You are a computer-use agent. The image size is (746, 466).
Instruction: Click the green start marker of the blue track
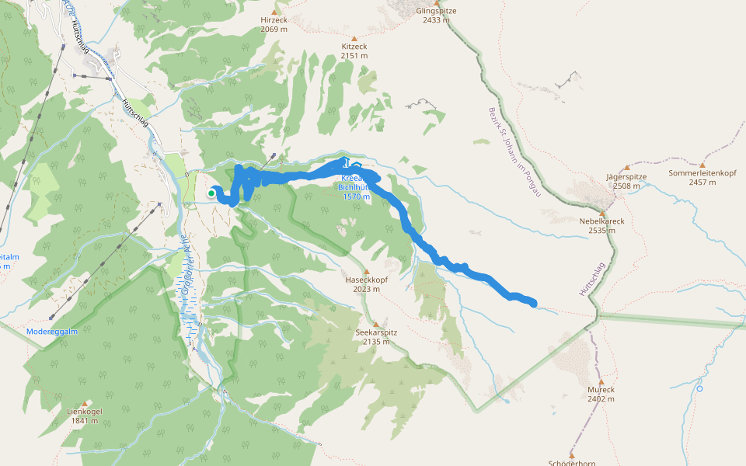tap(211, 193)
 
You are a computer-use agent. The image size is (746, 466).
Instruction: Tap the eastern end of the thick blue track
tap(533, 303)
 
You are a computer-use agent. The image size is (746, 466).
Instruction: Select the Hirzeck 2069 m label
tap(275, 24)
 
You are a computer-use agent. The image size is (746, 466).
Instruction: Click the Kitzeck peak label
tap(354, 51)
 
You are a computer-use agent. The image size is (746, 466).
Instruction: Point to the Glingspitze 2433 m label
tap(436, 16)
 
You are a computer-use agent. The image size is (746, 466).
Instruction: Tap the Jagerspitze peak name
tap(626, 177)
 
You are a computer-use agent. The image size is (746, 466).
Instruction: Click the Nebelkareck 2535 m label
tap(601, 225)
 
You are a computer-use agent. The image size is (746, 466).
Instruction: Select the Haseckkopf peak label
tap(365, 284)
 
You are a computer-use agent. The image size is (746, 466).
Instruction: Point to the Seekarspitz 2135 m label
tap(376, 337)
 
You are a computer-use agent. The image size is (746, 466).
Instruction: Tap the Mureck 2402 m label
tap(601, 395)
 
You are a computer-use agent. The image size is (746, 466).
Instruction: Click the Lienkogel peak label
tap(84, 416)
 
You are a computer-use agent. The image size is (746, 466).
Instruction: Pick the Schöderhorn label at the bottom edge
tap(572, 463)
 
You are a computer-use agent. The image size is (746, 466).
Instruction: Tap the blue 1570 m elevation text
tap(356, 196)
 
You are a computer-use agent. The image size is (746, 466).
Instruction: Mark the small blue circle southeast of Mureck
tap(700, 388)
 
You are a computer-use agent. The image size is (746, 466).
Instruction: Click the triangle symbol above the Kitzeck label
tap(354, 38)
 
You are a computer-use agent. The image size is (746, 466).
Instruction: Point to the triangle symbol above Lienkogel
tap(84, 404)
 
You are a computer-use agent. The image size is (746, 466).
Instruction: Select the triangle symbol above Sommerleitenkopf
tap(702, 165)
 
